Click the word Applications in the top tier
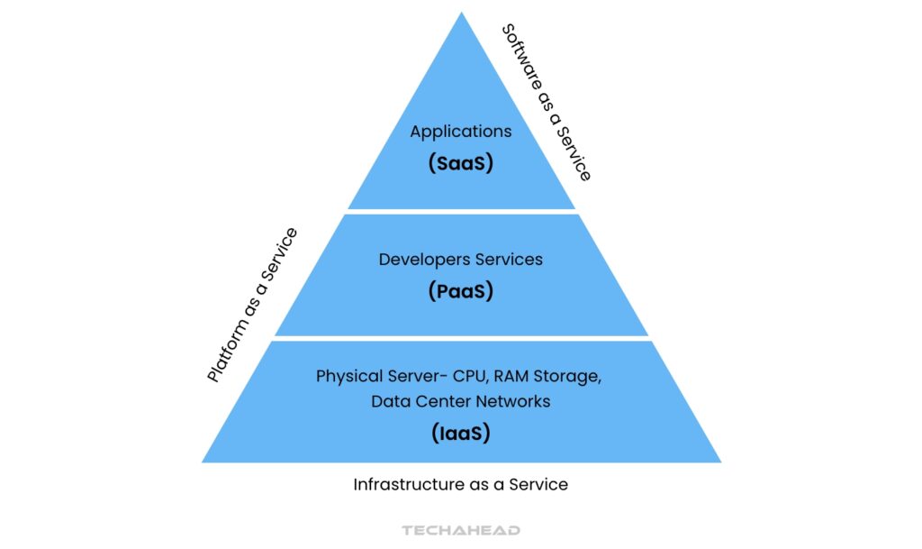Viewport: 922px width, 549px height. [x=460, y=132]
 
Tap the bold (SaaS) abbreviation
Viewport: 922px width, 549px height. [x=461, y=165]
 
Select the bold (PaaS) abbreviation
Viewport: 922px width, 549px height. [x=461, y=292]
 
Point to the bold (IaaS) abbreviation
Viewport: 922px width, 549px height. [x=461, y=433]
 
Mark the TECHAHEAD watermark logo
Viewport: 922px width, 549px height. [x=461, y=531]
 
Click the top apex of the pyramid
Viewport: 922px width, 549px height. [x=461, y=15]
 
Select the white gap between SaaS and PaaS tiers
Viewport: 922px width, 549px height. [x=461, y=212]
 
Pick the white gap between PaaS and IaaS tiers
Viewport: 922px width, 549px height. [x=461, y=339]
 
